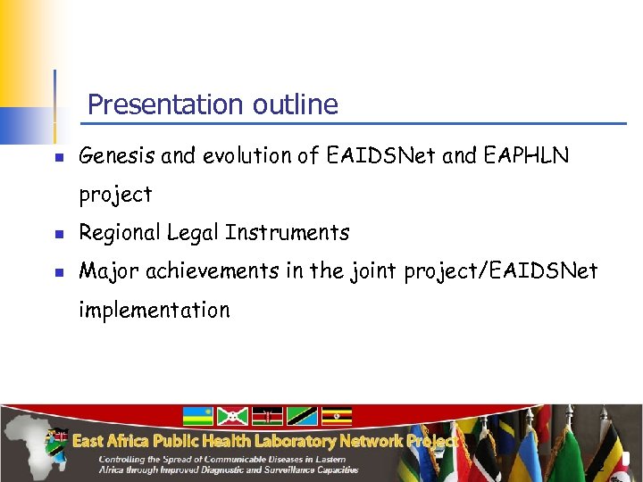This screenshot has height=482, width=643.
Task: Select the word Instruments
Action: tap(287, 233)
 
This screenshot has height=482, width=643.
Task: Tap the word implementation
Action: tap(154, 311)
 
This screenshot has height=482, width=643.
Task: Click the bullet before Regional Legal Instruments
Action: tap(57, 235)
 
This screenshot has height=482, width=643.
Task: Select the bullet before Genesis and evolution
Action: tap(57, 158)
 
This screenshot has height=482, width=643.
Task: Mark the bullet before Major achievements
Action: tap(57, 273)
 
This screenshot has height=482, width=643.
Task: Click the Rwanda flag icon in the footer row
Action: tap(197, 416)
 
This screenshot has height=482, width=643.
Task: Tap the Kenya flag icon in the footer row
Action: tap(267, 416)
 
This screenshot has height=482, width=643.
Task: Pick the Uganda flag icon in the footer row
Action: tap(337, 416)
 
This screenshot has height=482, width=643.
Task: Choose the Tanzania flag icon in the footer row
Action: tap(302, 416)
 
